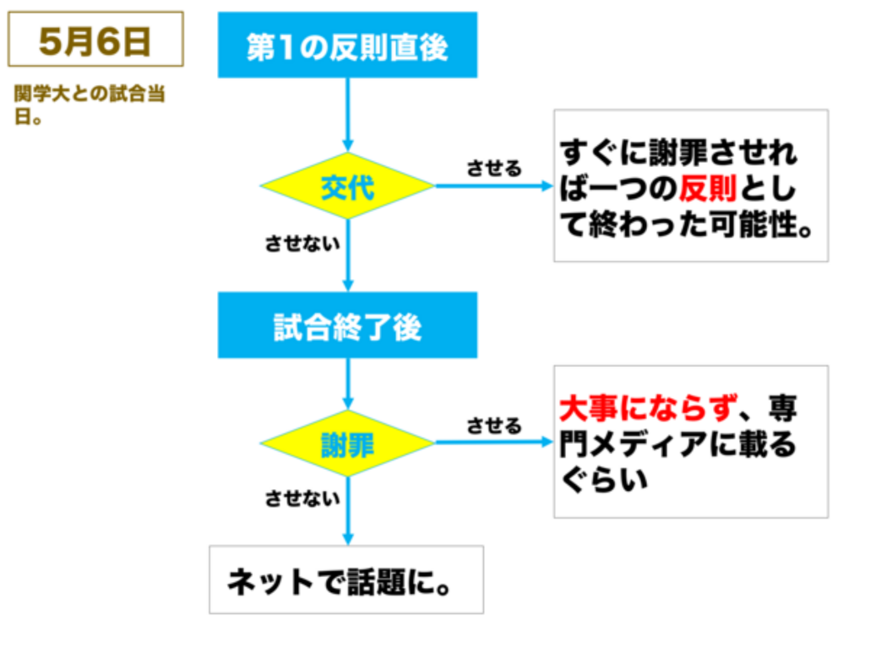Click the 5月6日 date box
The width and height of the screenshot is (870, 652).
pos(96,39)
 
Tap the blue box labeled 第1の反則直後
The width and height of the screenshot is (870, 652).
pos(347,45)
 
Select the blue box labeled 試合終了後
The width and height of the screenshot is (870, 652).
pos(347,325)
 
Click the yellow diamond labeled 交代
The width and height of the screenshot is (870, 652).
pos(347,186)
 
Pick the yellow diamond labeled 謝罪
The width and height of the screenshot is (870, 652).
pos(347,443)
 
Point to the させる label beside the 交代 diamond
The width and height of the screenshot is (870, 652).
pos(494,169)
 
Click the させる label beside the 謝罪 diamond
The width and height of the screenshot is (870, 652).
pos(494,426)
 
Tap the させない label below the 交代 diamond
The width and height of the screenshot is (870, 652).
pos(302,243)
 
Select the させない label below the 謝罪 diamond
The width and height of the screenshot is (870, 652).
pos(302,498)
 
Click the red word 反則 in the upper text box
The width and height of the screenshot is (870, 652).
pos(707,189)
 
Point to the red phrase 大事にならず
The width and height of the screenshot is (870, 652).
pos(648,408)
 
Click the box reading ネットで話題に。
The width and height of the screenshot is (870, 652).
pos(346,580)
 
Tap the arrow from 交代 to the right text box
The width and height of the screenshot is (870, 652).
pos(494,186)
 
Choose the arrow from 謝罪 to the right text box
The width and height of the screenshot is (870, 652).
pos(494,442)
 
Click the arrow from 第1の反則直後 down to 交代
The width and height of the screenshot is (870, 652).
pos(347,115)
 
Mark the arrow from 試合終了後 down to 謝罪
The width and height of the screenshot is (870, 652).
pos(347,384)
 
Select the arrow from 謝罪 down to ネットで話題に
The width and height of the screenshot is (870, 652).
pos(347,511)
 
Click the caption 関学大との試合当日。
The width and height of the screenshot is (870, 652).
pos(89,104)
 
